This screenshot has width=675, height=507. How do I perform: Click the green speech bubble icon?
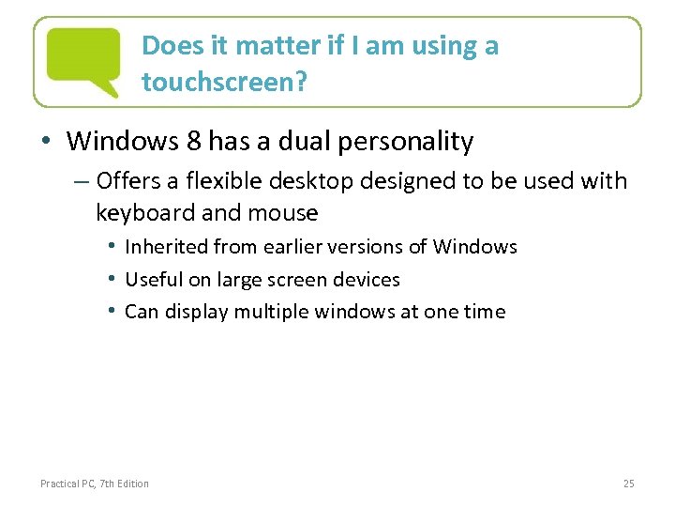click(84, 59)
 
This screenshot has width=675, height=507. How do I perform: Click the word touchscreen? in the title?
click(222, 82)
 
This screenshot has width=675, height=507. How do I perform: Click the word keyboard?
click(146, 213)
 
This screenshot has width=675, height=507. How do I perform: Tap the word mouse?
click(286, 213)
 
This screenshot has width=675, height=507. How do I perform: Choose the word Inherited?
click(166, 247)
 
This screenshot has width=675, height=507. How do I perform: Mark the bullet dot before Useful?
click(112, 279)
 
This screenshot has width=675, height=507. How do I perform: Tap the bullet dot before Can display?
click(112, 311)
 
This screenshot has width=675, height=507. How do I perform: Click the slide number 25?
click(628, 484)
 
